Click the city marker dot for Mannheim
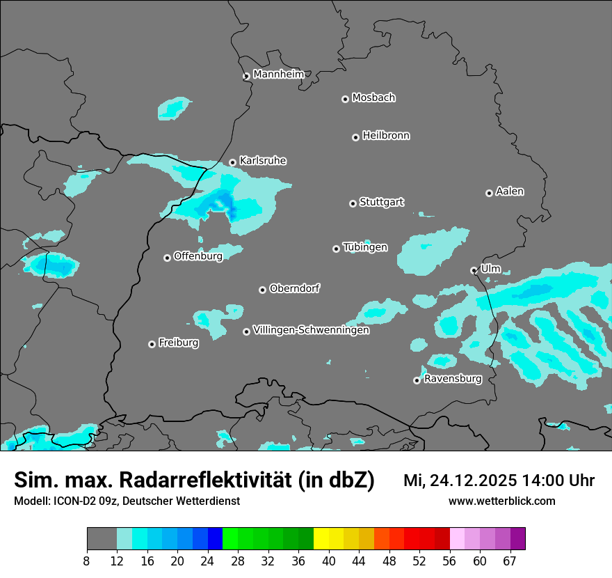(x=246, y=77)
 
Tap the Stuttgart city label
(x=381, y=202)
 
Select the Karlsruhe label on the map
(x=263, y=161)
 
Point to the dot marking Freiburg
(x=152, y=344)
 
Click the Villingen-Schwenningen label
(x=311, y=330)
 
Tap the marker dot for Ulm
(x=474, y=270)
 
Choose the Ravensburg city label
(x=453, y=379)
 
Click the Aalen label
(x=510, y=192)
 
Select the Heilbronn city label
(x=386, y=136)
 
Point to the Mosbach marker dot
(x=345, y=99)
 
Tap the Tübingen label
(x=365, y=247)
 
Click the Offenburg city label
(x=198, y=256)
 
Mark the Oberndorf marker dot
(x=262, y=290)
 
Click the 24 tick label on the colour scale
(x=207, y=561)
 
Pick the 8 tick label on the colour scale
(x=87, y=561)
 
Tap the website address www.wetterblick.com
(x=501, y=501)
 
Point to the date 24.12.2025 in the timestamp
(x=471, y=481)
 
